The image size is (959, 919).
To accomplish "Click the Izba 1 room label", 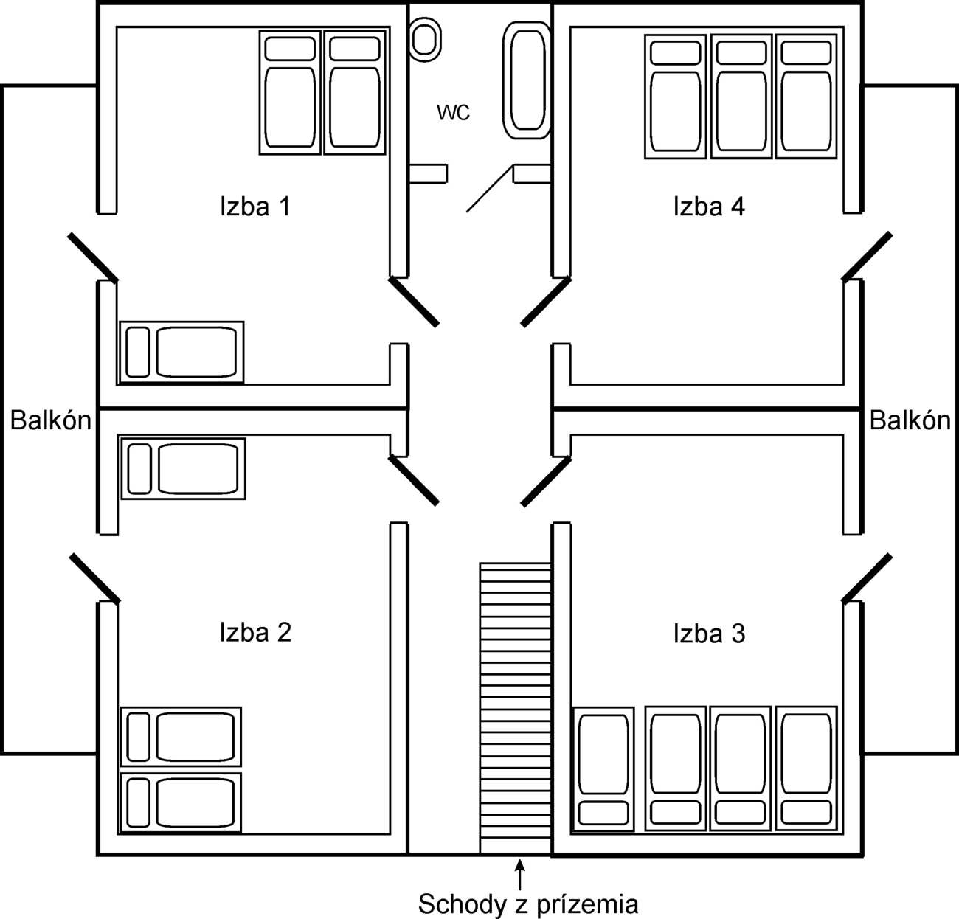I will pyautogui.click(x=255, y=207).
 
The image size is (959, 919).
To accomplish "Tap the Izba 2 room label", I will pyautogui.click(x=255, y=632).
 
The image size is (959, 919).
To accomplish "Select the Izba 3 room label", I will pyautogui.click(x=709, y=634).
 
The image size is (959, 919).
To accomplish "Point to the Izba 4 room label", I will pyautogui.click(x=709, y=207).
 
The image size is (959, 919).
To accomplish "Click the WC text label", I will pyautogui.click(x=453, y=113).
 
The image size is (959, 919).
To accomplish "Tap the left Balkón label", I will pyautogui.click(x=51, y=420).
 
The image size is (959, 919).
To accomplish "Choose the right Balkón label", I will pyautogui.click(x=910, y=420).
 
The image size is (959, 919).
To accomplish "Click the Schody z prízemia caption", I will pyautogui.click(x=528, y=904).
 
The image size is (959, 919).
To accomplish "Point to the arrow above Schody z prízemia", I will pyautogui.click(x=520, y=873).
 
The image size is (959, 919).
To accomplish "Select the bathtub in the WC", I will pyautogui.click(x=527, y=80).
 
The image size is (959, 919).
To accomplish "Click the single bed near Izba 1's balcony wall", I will pyautogui.click(x=181, y=352).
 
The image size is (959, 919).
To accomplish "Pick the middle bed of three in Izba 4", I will pyautogui.click(x=741, y=96).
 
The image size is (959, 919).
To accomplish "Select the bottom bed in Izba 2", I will pyautogui.click(x=181, y=803).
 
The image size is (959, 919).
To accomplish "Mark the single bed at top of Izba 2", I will pyautogui.click(x=183, y=468).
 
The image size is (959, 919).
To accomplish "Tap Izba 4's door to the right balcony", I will pyautogui.click(x=868, y=257).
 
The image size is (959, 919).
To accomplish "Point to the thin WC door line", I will pyautogui.click(x=489, y=190).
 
